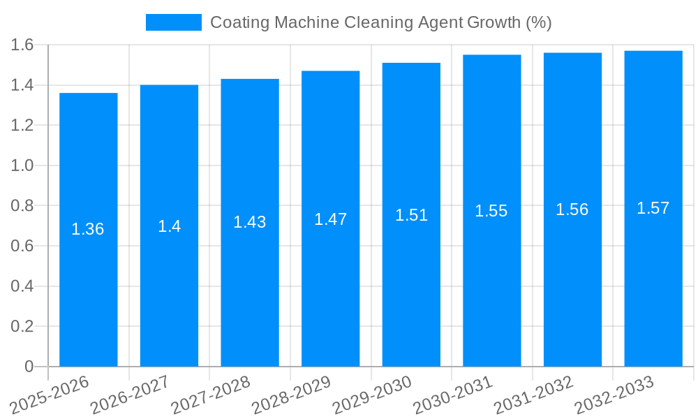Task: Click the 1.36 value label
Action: click(88, 229)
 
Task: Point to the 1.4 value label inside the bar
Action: click(169, 226)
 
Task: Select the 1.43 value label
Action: click(250, 222)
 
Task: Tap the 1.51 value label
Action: click(411, 215)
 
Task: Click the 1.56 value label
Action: click(572, 209)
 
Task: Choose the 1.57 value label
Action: click(653, 208)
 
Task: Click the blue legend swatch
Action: click(173, 22)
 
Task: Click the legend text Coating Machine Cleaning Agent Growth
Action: click(381, 22)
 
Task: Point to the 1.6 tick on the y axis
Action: click(22, 45)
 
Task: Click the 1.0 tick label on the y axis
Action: click(22, 166)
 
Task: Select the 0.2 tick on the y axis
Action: click(22, 327)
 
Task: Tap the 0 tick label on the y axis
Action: click(29, 367)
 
